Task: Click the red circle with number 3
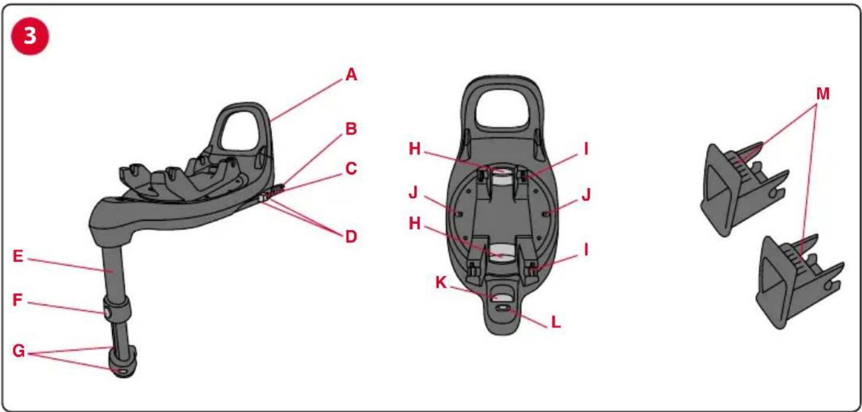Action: [x=30, y=36]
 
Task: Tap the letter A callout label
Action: [x=351, y=75]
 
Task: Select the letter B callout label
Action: [x=351, y=129]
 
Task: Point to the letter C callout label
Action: [x=351, y=168]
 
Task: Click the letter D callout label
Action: [x=351, y=237]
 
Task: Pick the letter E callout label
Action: [x=18, y=256]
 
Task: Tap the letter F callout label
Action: [x=17, y=300]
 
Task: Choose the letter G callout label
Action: [x=19, y=351]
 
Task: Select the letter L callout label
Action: [x=556, y=322]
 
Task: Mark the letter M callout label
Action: [x=823, y=94]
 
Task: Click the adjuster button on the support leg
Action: [x=107, y=312]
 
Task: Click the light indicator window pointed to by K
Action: [x=502, y=296]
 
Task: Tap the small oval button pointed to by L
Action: [x=503, y=308]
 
